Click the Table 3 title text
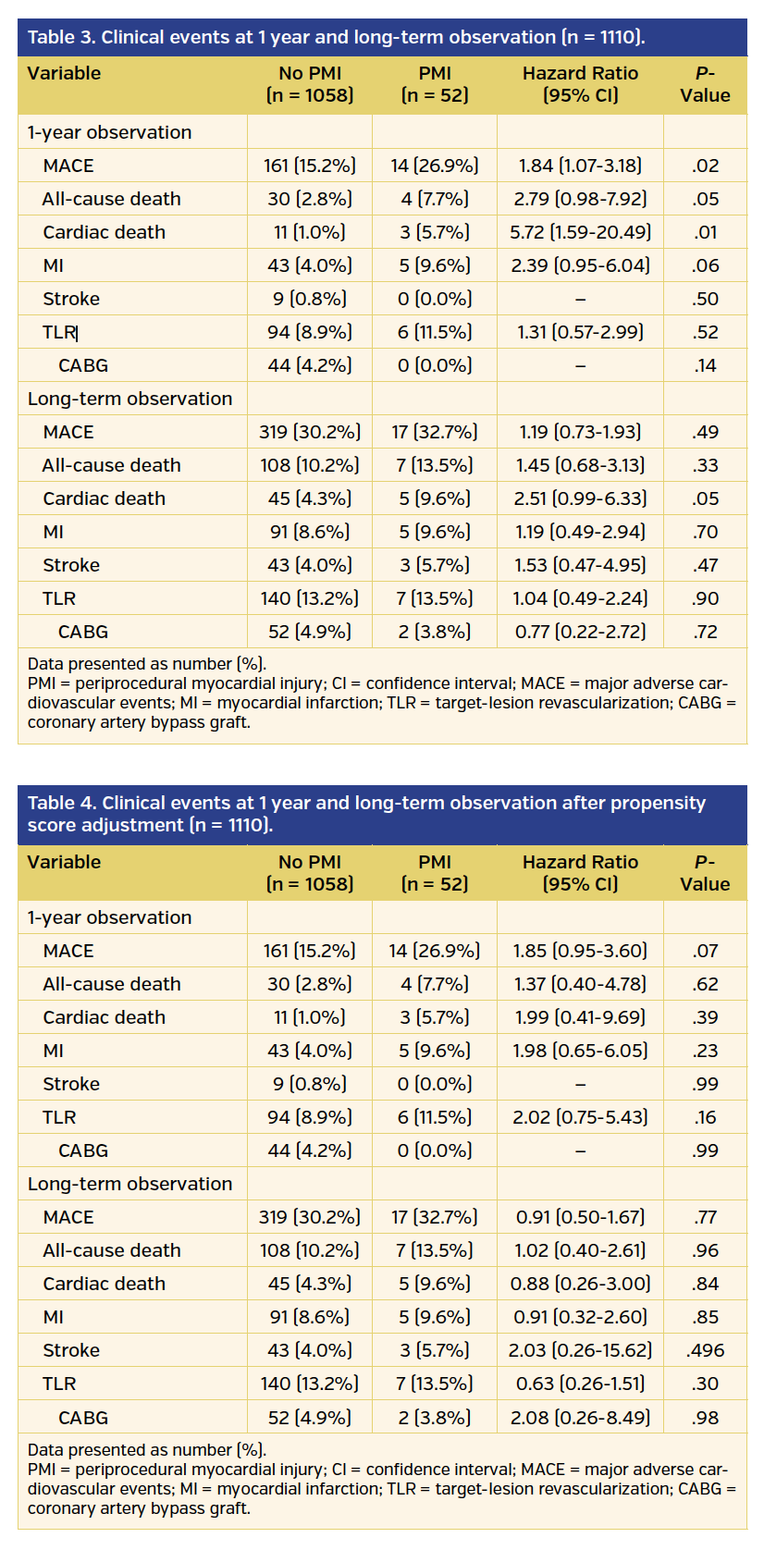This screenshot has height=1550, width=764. coord(336,38)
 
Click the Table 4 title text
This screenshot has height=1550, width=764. coord(366,814)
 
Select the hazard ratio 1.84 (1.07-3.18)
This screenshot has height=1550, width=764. coord(580,166)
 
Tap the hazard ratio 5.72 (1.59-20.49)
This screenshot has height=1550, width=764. coord(580,232)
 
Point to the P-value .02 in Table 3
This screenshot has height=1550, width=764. coord(705,166)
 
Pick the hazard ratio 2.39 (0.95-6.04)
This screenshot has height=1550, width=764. coord(580,265)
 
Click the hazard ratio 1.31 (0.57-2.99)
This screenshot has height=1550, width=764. coord(580,332)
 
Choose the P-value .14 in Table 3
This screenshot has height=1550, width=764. coord(705,365)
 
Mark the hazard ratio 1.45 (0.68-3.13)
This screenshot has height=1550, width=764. coord(580,465)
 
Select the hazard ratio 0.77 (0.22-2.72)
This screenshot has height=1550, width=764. coord(580,632)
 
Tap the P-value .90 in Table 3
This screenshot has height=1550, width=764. coord(705,598)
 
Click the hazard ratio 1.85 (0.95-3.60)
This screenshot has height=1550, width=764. coord(580,951)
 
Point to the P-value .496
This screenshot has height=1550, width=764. coord(705,1350)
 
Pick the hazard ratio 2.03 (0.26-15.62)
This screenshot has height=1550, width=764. coord(580,1350)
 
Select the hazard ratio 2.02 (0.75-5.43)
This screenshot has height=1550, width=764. coord(580,1117)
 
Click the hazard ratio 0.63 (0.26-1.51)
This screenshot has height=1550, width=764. coord(580,1384)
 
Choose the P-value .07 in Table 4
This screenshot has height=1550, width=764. coord(705,951)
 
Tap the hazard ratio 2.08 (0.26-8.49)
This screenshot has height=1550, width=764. coord(580,1418)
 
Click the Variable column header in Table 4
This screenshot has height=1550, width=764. coord(64,862)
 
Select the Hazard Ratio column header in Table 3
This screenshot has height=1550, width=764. coord(580,84)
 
